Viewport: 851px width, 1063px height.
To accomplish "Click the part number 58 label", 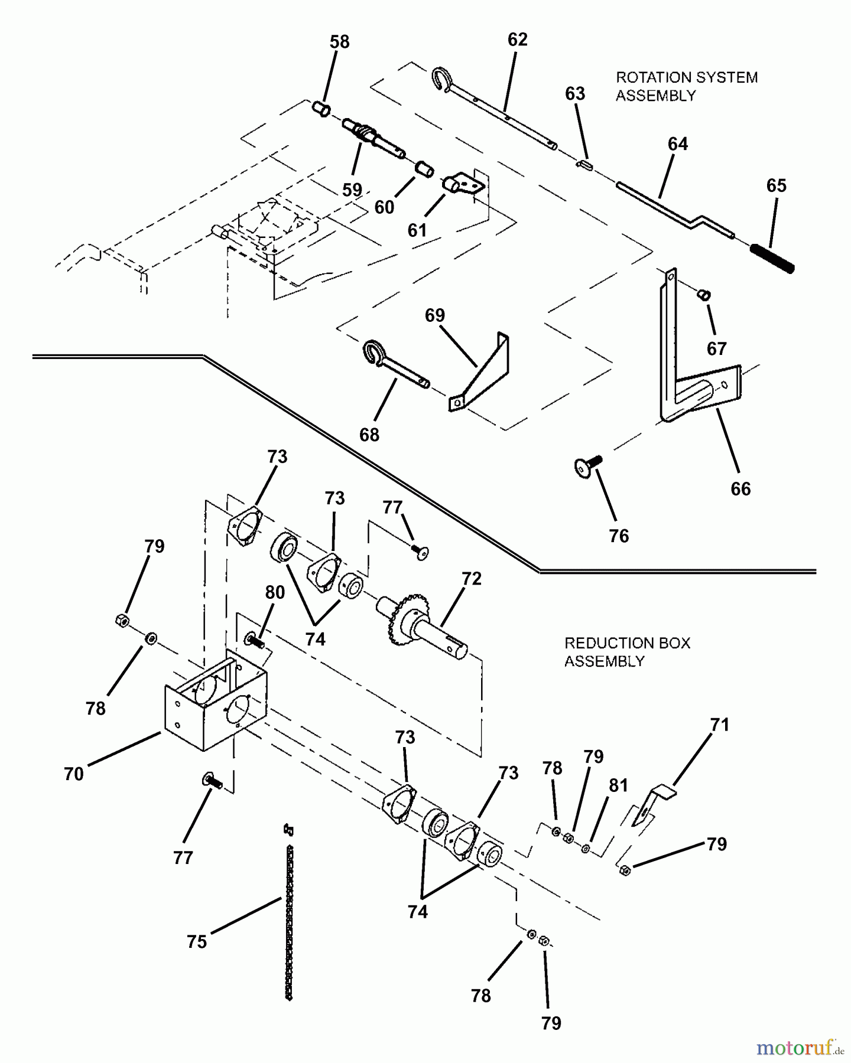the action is click(339, 42).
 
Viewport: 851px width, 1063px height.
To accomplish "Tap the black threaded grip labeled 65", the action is click(772, 257).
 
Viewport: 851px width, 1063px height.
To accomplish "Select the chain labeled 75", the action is click(289, 912).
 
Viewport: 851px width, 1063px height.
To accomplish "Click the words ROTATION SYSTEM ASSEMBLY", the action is click(687, 86).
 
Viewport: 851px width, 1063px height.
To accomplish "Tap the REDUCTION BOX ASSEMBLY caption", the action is click(627, 652).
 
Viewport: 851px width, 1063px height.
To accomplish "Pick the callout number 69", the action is click(435, 315).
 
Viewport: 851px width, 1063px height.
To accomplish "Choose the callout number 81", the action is click(618, 785).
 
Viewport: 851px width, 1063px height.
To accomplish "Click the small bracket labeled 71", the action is click(654, 804).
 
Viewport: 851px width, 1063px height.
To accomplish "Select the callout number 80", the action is click(275, 592).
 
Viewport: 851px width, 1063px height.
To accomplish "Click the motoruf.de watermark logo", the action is click(800, 1048).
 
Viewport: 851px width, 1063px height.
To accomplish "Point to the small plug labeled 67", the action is click(704, 295).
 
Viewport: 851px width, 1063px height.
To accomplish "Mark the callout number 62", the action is click(517, 40).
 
